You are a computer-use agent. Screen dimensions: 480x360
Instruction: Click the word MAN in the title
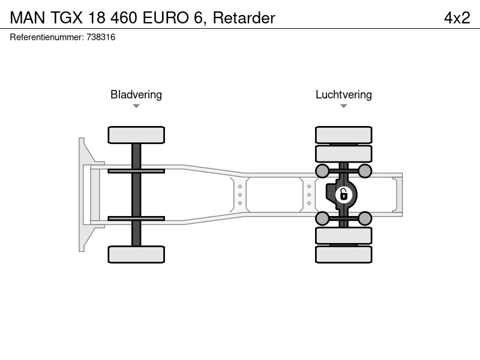[x=28, y=18]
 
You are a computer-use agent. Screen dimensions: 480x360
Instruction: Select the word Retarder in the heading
[x=244, y=18]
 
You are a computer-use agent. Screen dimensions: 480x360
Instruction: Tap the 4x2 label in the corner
[x=457, y=18]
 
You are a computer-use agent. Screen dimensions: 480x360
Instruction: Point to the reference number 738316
[x=101, y=37]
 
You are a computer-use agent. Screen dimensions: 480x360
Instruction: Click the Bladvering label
[x=136, y=95]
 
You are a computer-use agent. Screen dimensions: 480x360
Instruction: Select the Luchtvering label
[x=344, y=95]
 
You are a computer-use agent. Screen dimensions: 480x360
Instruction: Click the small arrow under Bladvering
[x=136, y=106]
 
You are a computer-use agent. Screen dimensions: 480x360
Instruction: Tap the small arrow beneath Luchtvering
[x=343, y=106]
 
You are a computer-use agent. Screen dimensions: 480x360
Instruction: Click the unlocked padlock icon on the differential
[x=343, y=194]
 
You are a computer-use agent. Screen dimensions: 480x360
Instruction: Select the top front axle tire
[x=136, y=135]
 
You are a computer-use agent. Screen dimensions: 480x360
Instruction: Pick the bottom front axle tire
[x=136, y=254]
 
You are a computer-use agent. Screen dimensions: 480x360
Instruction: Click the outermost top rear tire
[x=344, y=135]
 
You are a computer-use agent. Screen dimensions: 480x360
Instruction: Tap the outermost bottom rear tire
[x=344, y=254]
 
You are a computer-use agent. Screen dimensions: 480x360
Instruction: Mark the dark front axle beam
[x=136, y=194]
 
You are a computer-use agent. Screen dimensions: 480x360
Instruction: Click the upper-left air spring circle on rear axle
[x=322, y=171]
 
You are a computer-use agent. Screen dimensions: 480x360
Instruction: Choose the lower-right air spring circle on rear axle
[x=365, y=218]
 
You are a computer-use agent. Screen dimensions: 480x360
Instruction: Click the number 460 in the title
[x=124, y=18]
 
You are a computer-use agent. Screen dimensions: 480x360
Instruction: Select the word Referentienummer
[x=47, y=37]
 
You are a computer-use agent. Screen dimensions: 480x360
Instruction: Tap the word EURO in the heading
[x=166, y=18]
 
